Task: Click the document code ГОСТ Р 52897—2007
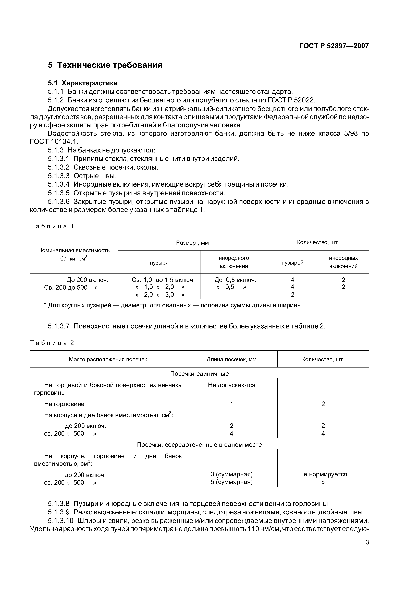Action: [x=334, y=46]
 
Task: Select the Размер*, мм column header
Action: [x=192, y=243]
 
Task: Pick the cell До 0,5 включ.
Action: [x=235, y=280]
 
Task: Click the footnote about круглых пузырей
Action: [x=174, y=305]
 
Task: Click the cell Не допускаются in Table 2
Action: [x=231, y=385]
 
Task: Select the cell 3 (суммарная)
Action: [x=231, y=474]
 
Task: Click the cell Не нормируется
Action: [x=323, y=474]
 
